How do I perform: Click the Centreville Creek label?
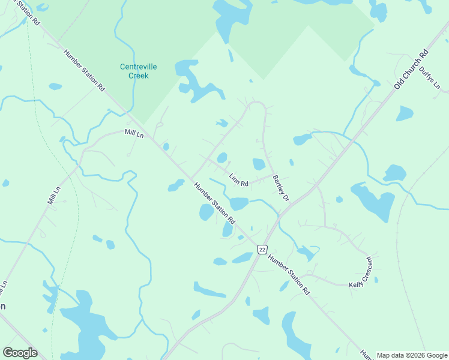[138, 71]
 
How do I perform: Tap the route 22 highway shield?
[262, 249]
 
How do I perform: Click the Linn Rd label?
[239, 179]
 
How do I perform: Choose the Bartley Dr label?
[281, 188]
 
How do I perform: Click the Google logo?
[20, 352]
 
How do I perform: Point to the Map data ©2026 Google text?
[412, 355]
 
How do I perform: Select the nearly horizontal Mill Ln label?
[134, 133]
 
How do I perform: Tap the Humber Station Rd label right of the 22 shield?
[289, 275]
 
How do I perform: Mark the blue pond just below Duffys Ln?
[405, 113]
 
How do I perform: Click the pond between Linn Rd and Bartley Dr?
[259, 164]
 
